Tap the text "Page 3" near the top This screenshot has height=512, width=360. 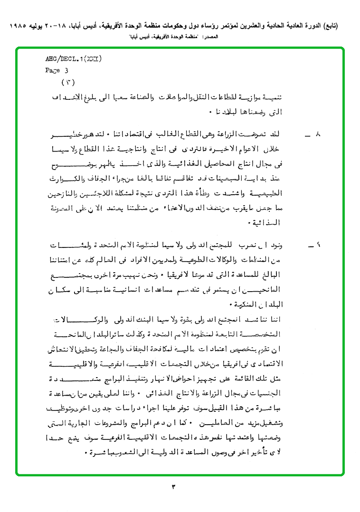pyautogui.click(x=57, y=70)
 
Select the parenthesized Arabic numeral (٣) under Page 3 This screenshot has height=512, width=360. pyautogui.click(x=69, y=82)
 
